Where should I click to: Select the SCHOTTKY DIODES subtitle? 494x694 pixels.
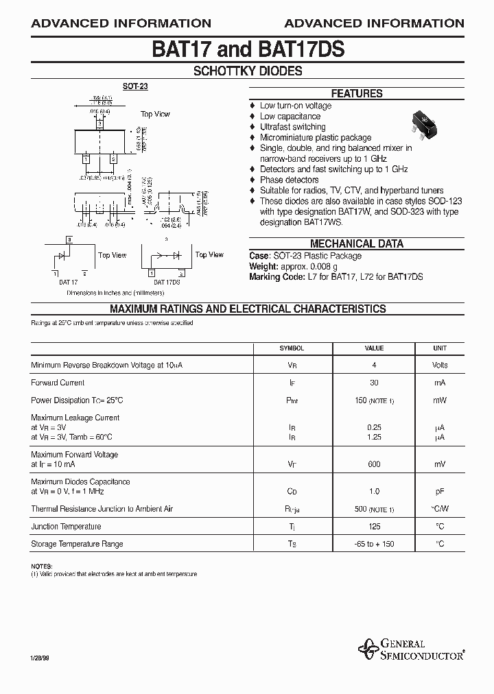coord(248,71)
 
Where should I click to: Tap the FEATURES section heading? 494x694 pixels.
coord(357,94)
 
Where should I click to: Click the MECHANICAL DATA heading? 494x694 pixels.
coord(357,243)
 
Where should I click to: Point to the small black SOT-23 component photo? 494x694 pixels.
coord(425,121)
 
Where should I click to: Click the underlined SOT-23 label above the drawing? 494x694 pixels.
coord(135,86)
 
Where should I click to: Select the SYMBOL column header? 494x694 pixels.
coord(292,348)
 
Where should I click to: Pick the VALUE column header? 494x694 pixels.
coord(374,348)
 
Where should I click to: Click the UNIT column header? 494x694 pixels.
coord(440,348)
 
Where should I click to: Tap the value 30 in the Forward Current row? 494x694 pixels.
coord(374,383)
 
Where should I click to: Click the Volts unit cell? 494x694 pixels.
coord(440,366)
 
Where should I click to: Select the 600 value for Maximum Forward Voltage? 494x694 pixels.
coord(374,464)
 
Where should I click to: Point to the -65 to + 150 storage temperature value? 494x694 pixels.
coord(374,544)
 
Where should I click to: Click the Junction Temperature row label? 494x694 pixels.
coord(66,527)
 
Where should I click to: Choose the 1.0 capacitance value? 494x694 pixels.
coord(374,492)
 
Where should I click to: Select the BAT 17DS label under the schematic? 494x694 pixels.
coord(167,282)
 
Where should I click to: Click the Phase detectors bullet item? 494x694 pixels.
coord(289,180)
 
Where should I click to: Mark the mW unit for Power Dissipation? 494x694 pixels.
coord(440,400)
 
